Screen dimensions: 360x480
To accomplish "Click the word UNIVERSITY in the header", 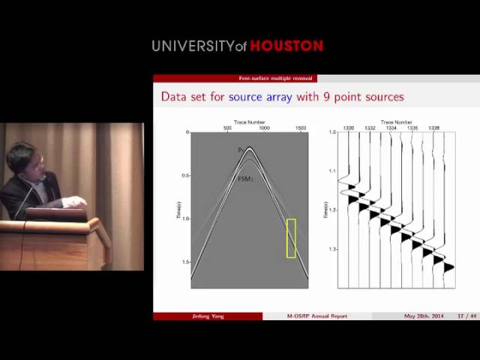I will tap(193, 46).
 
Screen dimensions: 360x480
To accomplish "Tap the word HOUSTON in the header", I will tap(286, 46).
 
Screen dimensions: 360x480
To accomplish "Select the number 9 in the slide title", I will tap(329, 97).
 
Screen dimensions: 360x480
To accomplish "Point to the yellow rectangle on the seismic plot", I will tap(291, 238).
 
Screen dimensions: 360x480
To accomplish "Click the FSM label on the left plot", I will tap(243, 179).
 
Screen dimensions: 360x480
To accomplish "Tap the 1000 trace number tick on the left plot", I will tap(264, 128).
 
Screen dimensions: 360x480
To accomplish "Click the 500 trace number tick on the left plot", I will tap(227, 128).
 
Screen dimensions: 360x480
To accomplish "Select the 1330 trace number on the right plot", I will tap(348, 128).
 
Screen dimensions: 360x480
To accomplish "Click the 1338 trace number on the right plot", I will tap(433, 128).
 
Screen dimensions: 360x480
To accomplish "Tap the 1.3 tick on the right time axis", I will tap(331, 249).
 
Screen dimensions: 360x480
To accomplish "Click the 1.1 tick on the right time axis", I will tap(331, 171).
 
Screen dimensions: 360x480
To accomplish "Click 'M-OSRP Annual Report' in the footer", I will tap(317, 316).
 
